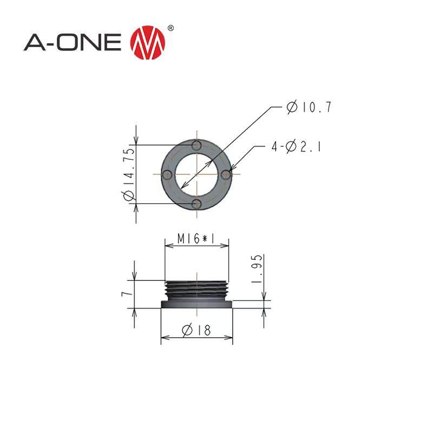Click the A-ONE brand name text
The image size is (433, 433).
tap(73, 43)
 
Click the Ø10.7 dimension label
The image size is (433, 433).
tap(309, 107)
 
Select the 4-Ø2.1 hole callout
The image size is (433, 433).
tap(297, 147)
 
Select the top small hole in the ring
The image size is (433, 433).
tap(198, 146)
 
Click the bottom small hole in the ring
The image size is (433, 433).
tap(198, 204)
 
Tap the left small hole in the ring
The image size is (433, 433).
tap(168, 174)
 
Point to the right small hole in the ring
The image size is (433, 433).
tap(227, 174)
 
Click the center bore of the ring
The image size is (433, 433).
tap(198, 174)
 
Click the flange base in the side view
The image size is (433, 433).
tap(198, 305)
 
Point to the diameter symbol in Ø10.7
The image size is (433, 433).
tap(292, 107)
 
